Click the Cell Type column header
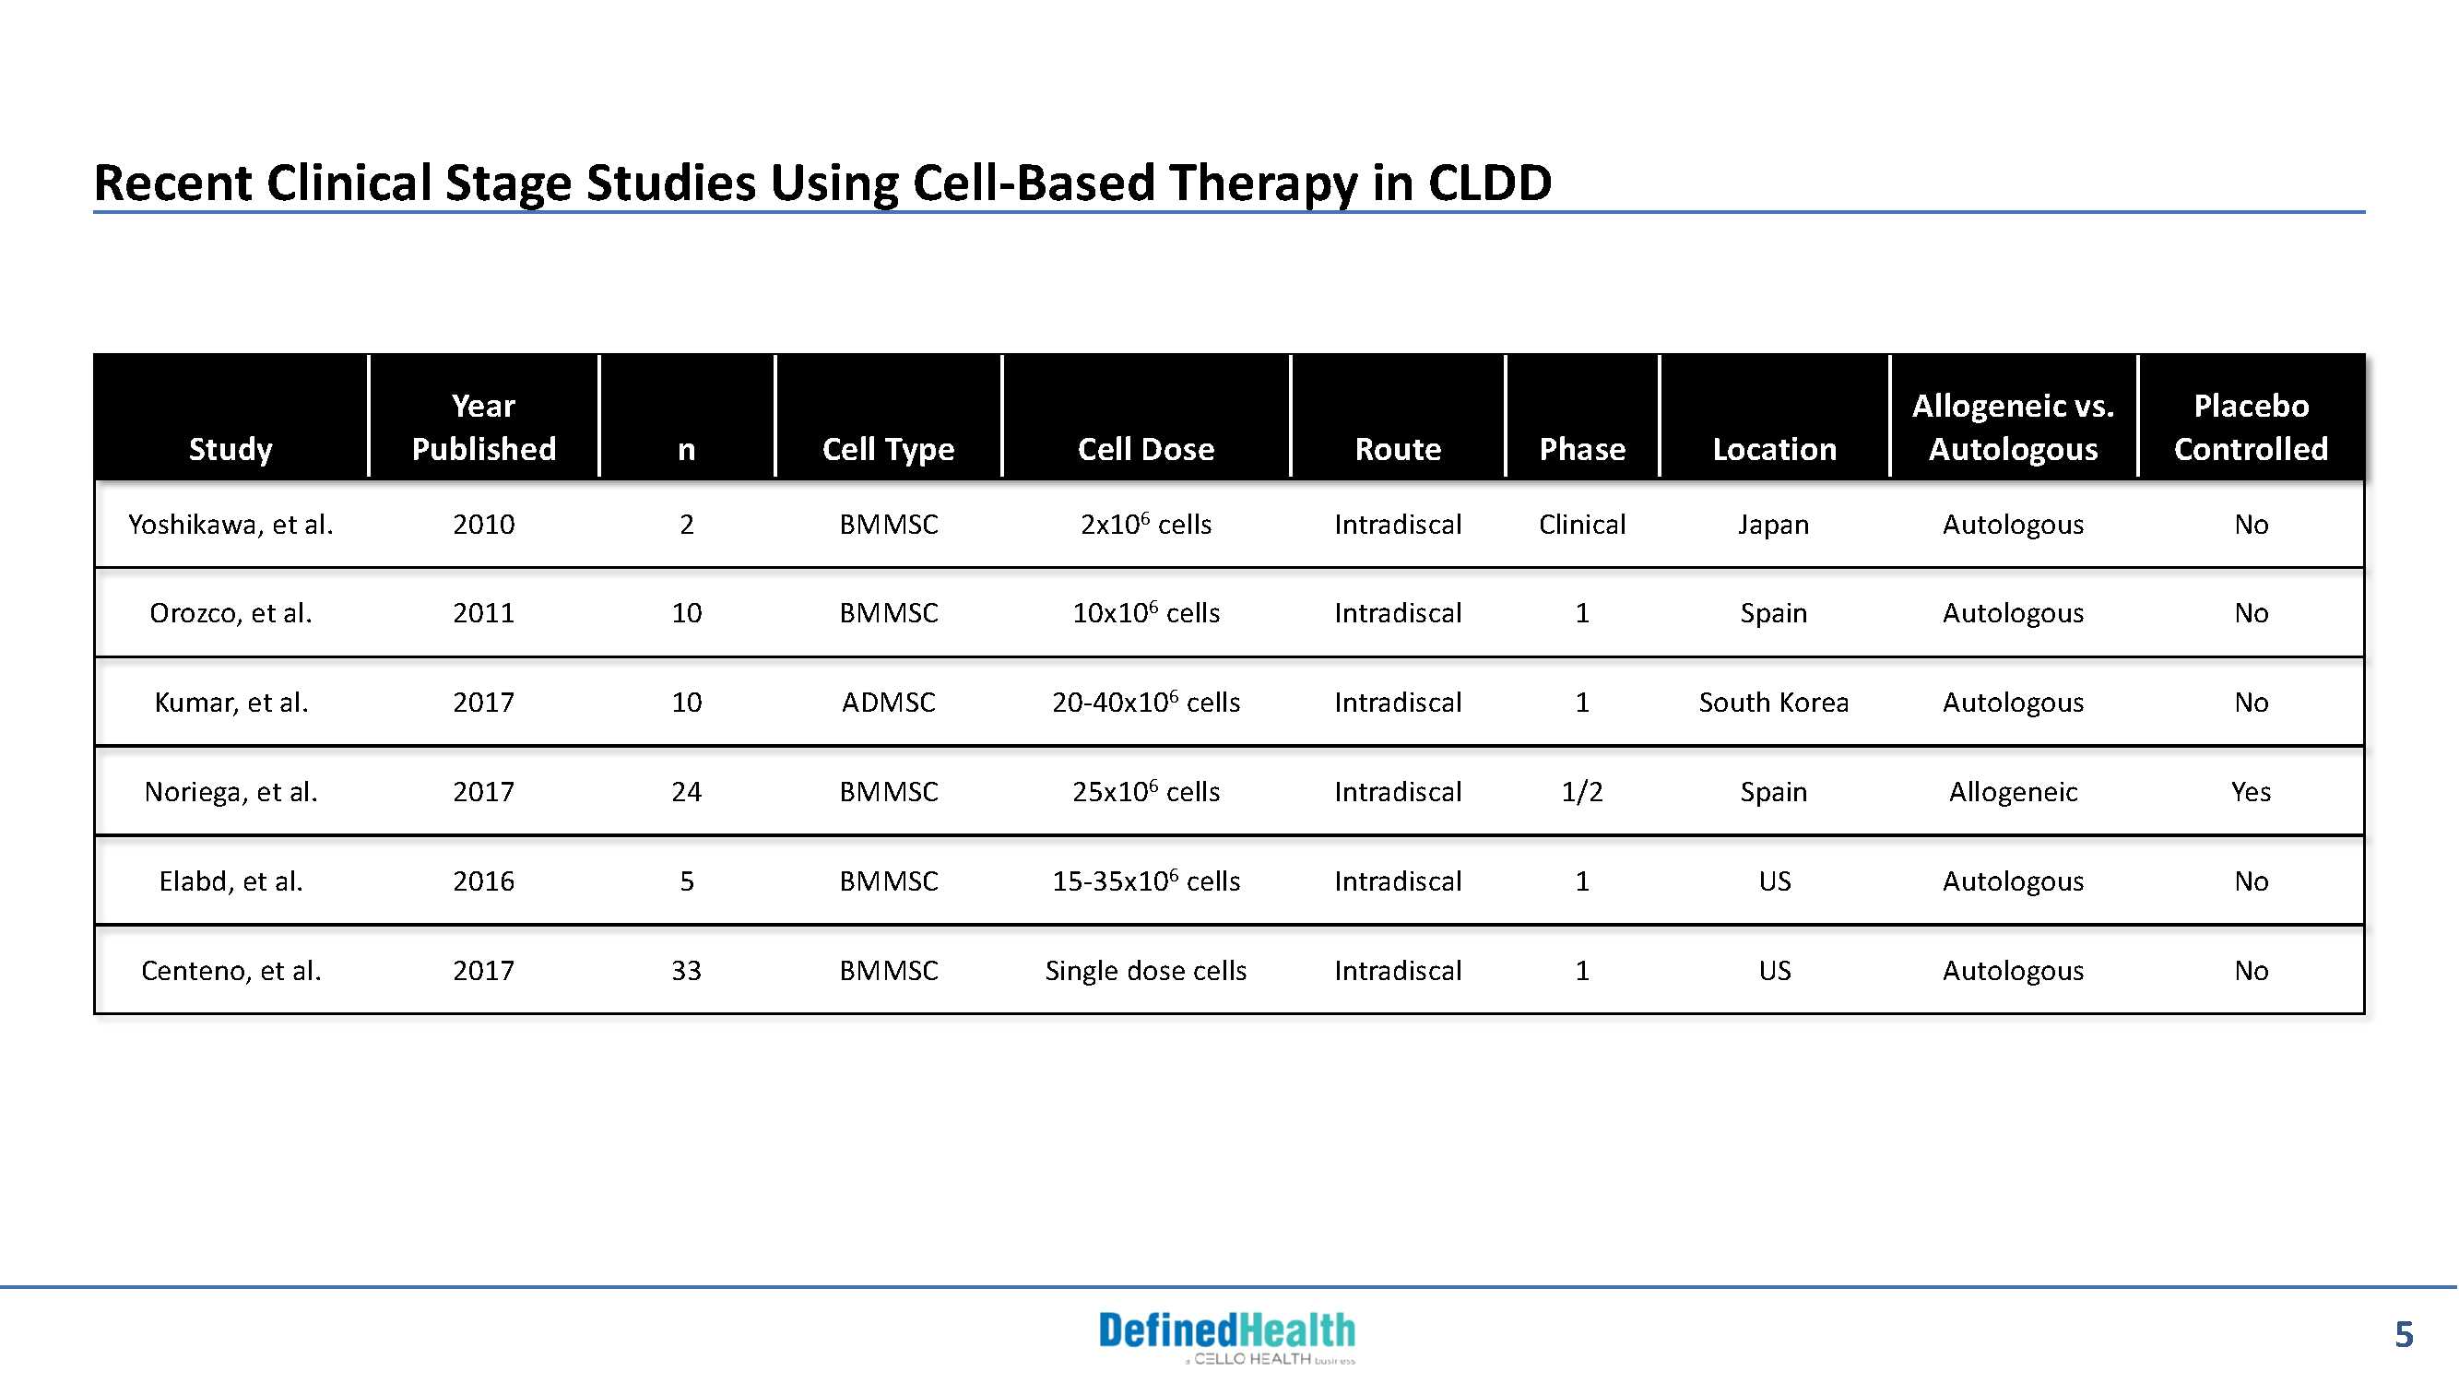(x=888, y=449)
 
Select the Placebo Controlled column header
(x=2251, y=428)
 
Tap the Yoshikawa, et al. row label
(x=231, y=524)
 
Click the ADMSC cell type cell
(x=888, y=703)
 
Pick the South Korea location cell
(x=1774, y=703)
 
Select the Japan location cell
(x=1774, y=525)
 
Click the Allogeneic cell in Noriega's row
(x=2014, y=791)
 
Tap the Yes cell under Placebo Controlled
(x=2251, y=791)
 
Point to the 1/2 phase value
(x=1582, y=791)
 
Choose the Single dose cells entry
(x=1145, y=971)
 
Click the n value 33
(x=686, y=971)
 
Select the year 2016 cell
(x=483, y=881)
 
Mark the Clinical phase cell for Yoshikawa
(x=1582, y=524)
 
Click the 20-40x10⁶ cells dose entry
(x=1145, y=702)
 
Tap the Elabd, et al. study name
(x=231, y=881)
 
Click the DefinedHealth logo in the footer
(x=1227, y=1336)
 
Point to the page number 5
(x=2404, y=1334)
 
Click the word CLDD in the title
(x=1489, y=183)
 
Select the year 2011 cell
(x=483, y=613)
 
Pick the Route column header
(x=1398, y=449)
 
